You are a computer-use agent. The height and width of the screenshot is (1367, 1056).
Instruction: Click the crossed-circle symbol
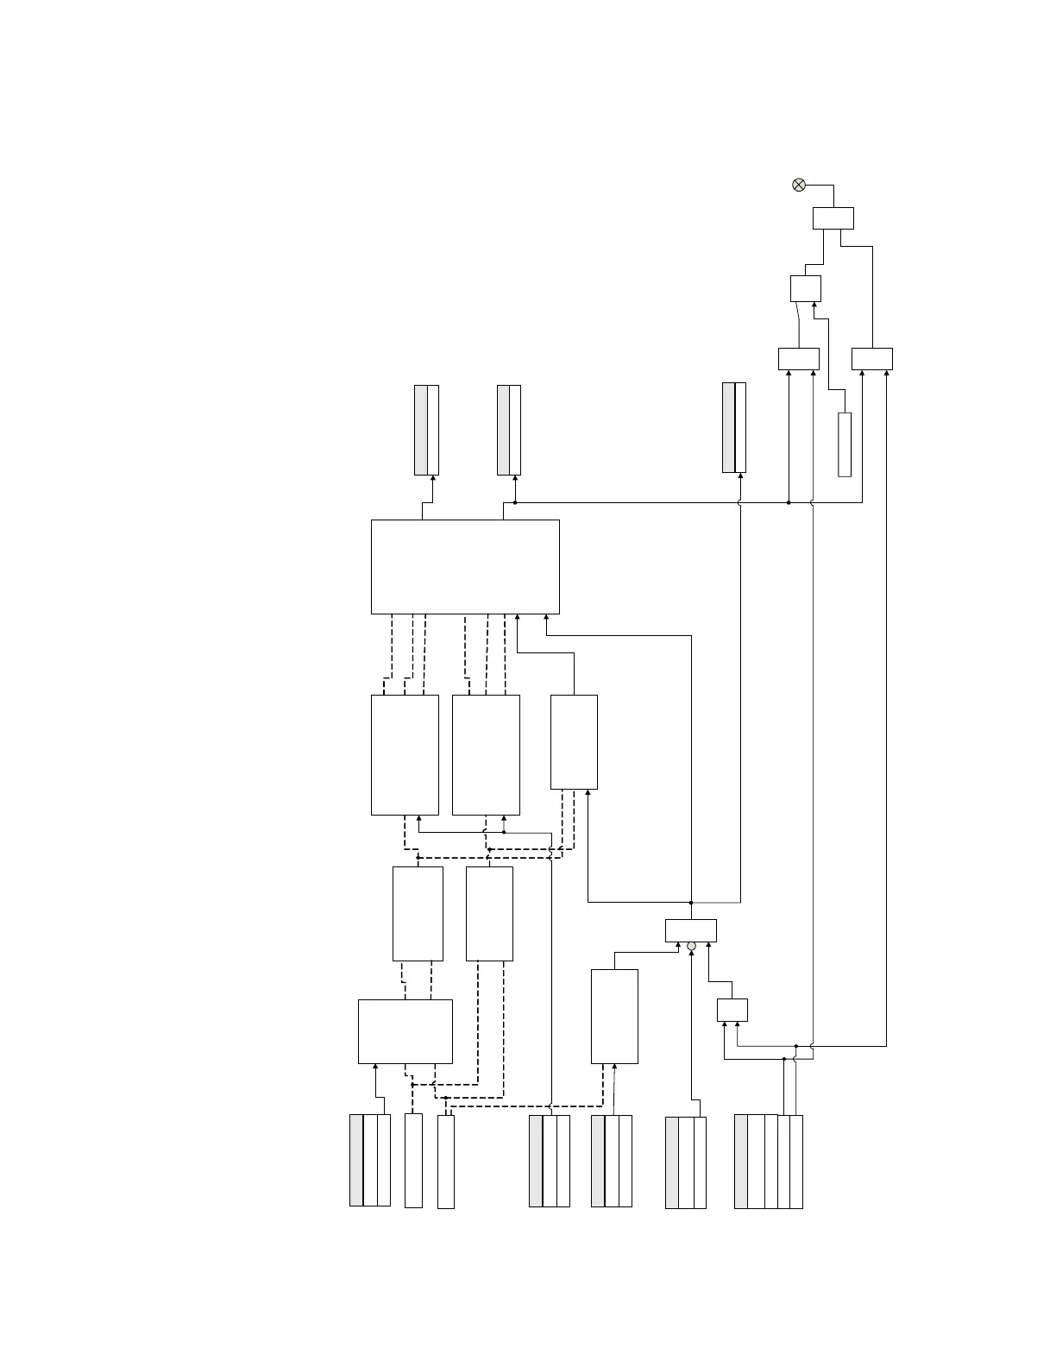pyautogui.click(x=799, y=185)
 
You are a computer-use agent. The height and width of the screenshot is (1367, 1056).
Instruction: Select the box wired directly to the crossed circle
pyautogui.click(x=833, y=218)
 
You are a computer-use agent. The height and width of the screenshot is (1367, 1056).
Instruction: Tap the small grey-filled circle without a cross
pyautogui.click(x=691, y=947)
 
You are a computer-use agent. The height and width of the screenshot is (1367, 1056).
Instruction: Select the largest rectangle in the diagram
pyautogui.click(x=465, y=566)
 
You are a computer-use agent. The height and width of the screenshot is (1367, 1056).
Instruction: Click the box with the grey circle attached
pyautogui.click(x=690, y=930)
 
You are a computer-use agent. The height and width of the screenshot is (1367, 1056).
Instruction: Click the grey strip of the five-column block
pyautogui.click(x=740, y=1161)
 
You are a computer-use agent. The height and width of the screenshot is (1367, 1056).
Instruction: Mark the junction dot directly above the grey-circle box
pyautogui.click(x=691, y=903)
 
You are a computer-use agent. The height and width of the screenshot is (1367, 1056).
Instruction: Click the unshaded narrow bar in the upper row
pyautogui.click(x=845, y=444)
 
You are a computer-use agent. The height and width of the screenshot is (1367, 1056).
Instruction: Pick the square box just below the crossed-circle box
pyautogui.click(x=805, y=288)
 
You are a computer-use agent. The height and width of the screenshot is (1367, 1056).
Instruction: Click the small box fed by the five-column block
pyautogui.click(x=732, y=1010)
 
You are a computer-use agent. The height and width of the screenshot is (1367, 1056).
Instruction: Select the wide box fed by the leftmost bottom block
pyautogui.click(x=405, y=1031)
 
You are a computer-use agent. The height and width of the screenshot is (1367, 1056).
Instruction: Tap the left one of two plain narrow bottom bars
pyautogui.click(x=413, y=1160)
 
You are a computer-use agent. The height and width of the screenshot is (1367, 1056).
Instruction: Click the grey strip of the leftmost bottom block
pyautogui.click(x=356, y=1160)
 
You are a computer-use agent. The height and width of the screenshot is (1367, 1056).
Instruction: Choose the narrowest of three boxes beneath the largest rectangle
pyautogui.click(x=574, y=741)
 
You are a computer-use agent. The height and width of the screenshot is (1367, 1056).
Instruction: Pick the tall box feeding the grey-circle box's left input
pyautogui.click(x=614, y=1016)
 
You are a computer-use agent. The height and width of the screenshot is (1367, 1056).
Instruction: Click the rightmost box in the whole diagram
pyautogui.click(x=871, y=358)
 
